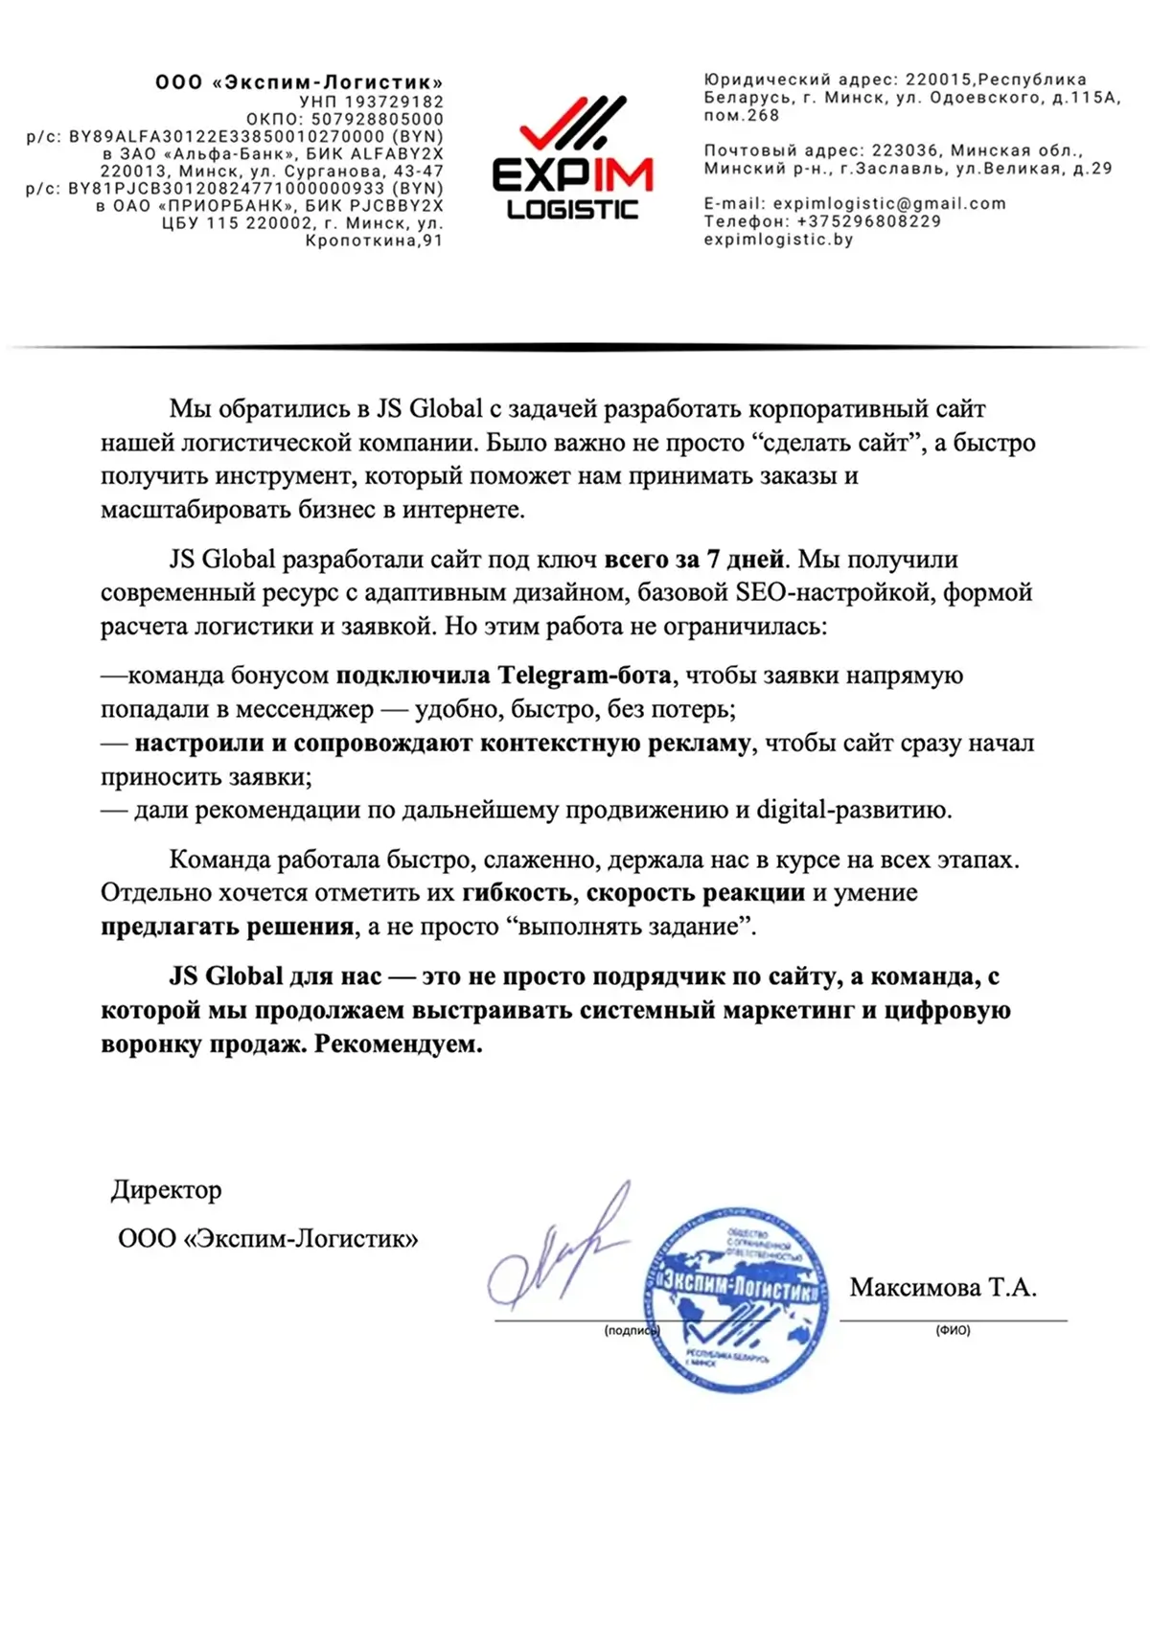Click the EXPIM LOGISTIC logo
(572, 159)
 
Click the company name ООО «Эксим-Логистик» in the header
(299, 82)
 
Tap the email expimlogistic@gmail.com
(889, 203)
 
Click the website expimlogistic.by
(778, 240)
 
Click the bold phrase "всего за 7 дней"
(694, 559)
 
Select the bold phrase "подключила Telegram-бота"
(503, 676)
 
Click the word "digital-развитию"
(854, 810)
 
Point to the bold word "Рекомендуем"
(398, 1044)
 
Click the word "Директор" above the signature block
(167, 1190)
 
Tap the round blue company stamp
(735, 1298)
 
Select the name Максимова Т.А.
(943, 1287)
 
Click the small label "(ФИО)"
(953, 1330)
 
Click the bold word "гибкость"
(517, 893)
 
